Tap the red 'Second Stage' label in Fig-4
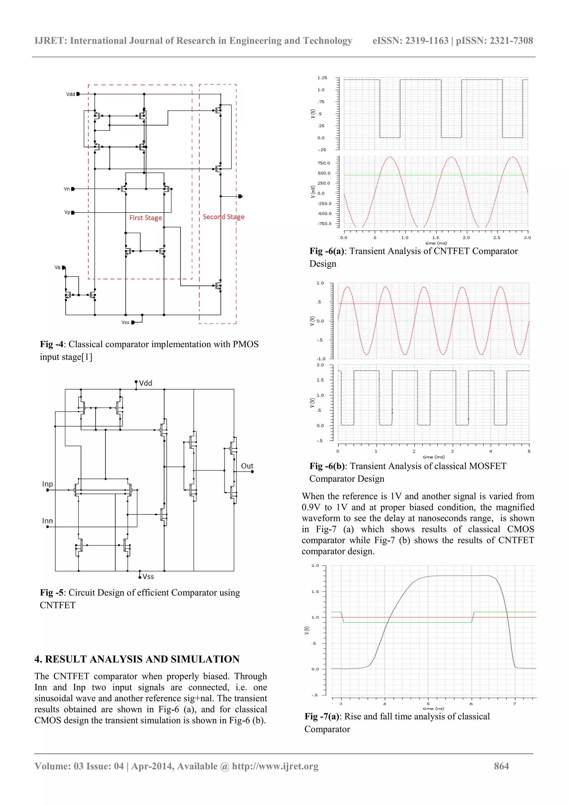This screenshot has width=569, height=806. [223, 217]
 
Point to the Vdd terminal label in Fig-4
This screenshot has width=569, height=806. [71, 94]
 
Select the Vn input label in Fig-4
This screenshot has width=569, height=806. [67, 189]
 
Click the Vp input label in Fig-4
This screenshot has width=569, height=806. [67, 212]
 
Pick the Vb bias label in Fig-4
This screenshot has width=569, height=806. [58, 267]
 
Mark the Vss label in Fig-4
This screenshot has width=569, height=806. [125, 322]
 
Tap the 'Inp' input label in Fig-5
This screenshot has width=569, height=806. [47, 484]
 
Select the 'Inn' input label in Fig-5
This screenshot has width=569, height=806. [47, 521]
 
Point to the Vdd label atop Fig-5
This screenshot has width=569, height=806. [146, 383]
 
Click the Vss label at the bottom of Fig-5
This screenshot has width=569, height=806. [148, 576]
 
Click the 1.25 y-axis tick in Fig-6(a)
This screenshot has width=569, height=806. [322, 78]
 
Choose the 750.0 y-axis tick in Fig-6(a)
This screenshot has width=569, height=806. [324, 163]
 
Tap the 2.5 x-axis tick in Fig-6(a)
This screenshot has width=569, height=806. [496, 238]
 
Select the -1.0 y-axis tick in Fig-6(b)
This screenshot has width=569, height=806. [321, 359]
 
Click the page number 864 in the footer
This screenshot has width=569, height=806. [501, 766]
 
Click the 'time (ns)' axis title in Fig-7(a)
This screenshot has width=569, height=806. [434, 708]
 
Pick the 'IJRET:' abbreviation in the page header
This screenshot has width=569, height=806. [51, 41]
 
